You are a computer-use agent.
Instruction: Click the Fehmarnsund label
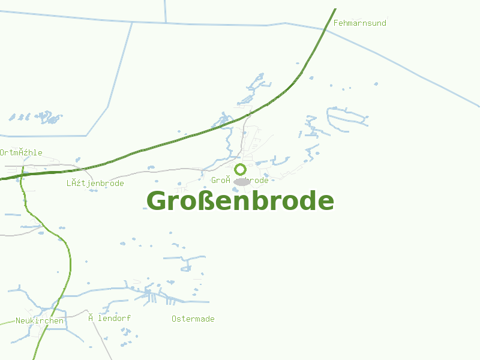coord(359,23)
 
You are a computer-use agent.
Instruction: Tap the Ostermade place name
coord(193,319)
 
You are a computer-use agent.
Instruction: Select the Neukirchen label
coord(40,321)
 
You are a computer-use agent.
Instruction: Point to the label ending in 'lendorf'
coord(109,318)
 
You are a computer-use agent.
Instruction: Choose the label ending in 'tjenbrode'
coord(95,183)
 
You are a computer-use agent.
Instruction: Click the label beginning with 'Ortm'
coord(21,152)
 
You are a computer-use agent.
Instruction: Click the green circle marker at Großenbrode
coord(241,169)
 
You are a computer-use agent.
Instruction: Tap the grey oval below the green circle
coord(242,181)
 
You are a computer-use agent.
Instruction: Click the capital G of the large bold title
coord(157,201)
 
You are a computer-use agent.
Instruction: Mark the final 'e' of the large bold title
coord(324,202)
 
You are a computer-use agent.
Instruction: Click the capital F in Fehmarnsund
coord(335,23)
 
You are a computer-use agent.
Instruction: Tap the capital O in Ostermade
coord(174,319)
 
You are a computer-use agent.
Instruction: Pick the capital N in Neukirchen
coord(19,321)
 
